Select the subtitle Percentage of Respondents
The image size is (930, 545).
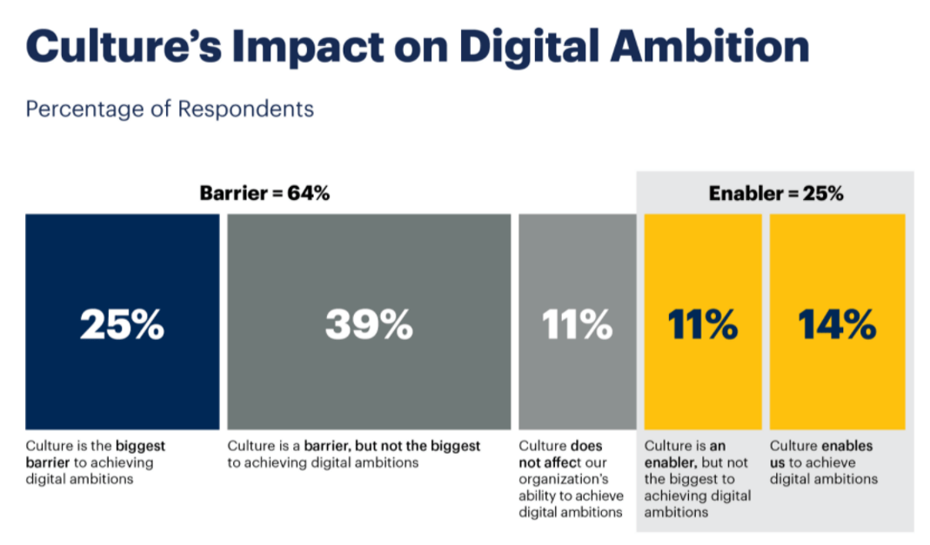coord(170,110)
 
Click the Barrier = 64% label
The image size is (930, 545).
coord(264,194)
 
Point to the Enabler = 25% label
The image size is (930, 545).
coord(776,194)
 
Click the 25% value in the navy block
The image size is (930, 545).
coord(122,324)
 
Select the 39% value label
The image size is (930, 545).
coord(369,324)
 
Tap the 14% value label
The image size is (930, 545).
coord(837,324)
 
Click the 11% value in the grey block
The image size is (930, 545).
coord(577,324)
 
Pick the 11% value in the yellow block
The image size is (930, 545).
coord(703,324)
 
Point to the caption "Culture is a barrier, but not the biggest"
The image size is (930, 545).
coord(354,446)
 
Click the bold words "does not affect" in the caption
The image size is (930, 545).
coord(561,454)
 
